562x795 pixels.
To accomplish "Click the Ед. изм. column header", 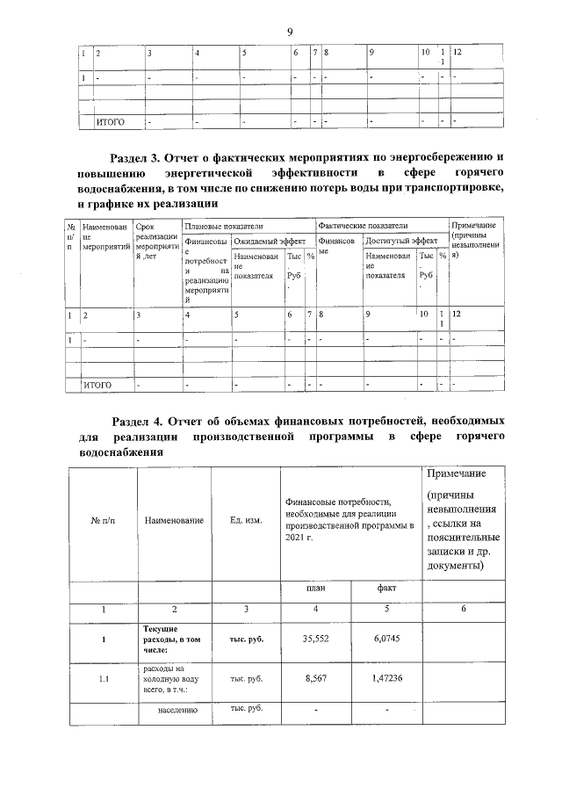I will pyautogui.click(x=246, y=521).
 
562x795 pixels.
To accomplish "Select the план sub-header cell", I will pyautogui.click(x=315, y=589).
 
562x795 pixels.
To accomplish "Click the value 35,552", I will pyautogui.click(x=315, y=639).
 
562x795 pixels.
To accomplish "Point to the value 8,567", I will pyautogui.click(x=315, y=677).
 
